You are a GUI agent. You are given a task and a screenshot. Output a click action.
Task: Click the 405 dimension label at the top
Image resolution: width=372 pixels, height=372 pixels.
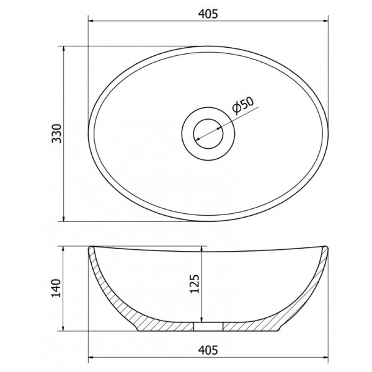coord(208,14)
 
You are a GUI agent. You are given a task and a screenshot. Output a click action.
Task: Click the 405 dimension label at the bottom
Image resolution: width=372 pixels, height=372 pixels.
coord(208,350)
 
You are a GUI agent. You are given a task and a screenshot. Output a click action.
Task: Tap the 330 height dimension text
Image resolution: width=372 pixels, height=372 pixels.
coord(56,133)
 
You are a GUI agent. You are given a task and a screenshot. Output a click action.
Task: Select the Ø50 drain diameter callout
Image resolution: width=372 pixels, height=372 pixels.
coord(243,105)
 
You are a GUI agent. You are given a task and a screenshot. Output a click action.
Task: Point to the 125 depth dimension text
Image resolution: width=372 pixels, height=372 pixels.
coord(195,284)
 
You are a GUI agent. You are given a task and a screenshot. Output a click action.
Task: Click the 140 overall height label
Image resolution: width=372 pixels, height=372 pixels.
coord(56,288)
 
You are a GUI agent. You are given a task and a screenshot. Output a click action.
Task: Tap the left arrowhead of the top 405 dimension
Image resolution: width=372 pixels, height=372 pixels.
coord(91,21)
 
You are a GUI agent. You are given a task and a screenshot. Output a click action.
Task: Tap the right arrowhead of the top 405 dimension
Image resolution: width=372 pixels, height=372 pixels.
coord(325,21)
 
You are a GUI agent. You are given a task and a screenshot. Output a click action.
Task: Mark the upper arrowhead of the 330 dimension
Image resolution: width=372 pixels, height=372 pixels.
coord(63,48)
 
